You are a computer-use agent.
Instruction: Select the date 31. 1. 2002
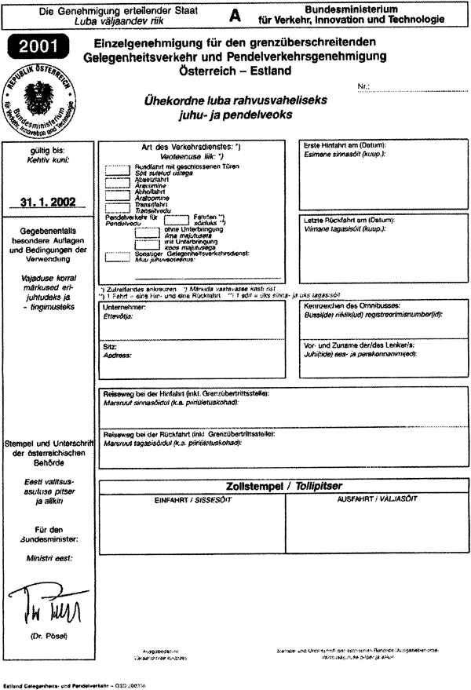(x=49, y=202)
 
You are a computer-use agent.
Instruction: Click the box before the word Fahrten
(x=177, y=220)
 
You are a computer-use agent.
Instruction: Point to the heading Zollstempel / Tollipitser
(x=283, y=486)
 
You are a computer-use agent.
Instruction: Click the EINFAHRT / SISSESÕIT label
(x=192, y=499)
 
